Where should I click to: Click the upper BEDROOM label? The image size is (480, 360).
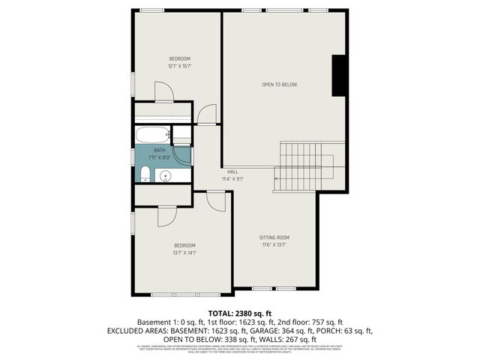click(x=179, y=58)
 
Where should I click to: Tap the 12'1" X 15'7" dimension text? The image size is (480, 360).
click(x=179, y=66)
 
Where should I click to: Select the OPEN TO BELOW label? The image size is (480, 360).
click(x=279, y=85)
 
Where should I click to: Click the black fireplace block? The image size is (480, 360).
click(x=340, y=76)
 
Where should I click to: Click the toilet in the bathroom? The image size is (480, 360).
click(x=145, y=175)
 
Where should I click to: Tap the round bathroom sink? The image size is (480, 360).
click(x=166, y=176)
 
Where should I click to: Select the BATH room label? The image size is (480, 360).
click(x=159, y=151)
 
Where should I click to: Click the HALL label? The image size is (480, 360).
click(x=232, y=172)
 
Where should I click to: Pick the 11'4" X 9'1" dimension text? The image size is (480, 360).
click(x=232, y=179)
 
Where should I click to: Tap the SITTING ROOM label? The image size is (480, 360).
click(x=274, y=238)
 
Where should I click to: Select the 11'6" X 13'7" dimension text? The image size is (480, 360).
click(x=274, y=245)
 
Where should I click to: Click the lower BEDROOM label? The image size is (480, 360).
click(x=184, y=245)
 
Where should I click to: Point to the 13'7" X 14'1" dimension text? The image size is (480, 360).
click(x=184, y=253)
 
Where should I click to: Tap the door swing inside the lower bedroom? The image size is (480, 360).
click(x=166, y=216)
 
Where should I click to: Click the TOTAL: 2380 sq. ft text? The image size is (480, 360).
click(x=240, y=313)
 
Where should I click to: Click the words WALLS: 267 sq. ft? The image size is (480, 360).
click(x=287, y=338)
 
